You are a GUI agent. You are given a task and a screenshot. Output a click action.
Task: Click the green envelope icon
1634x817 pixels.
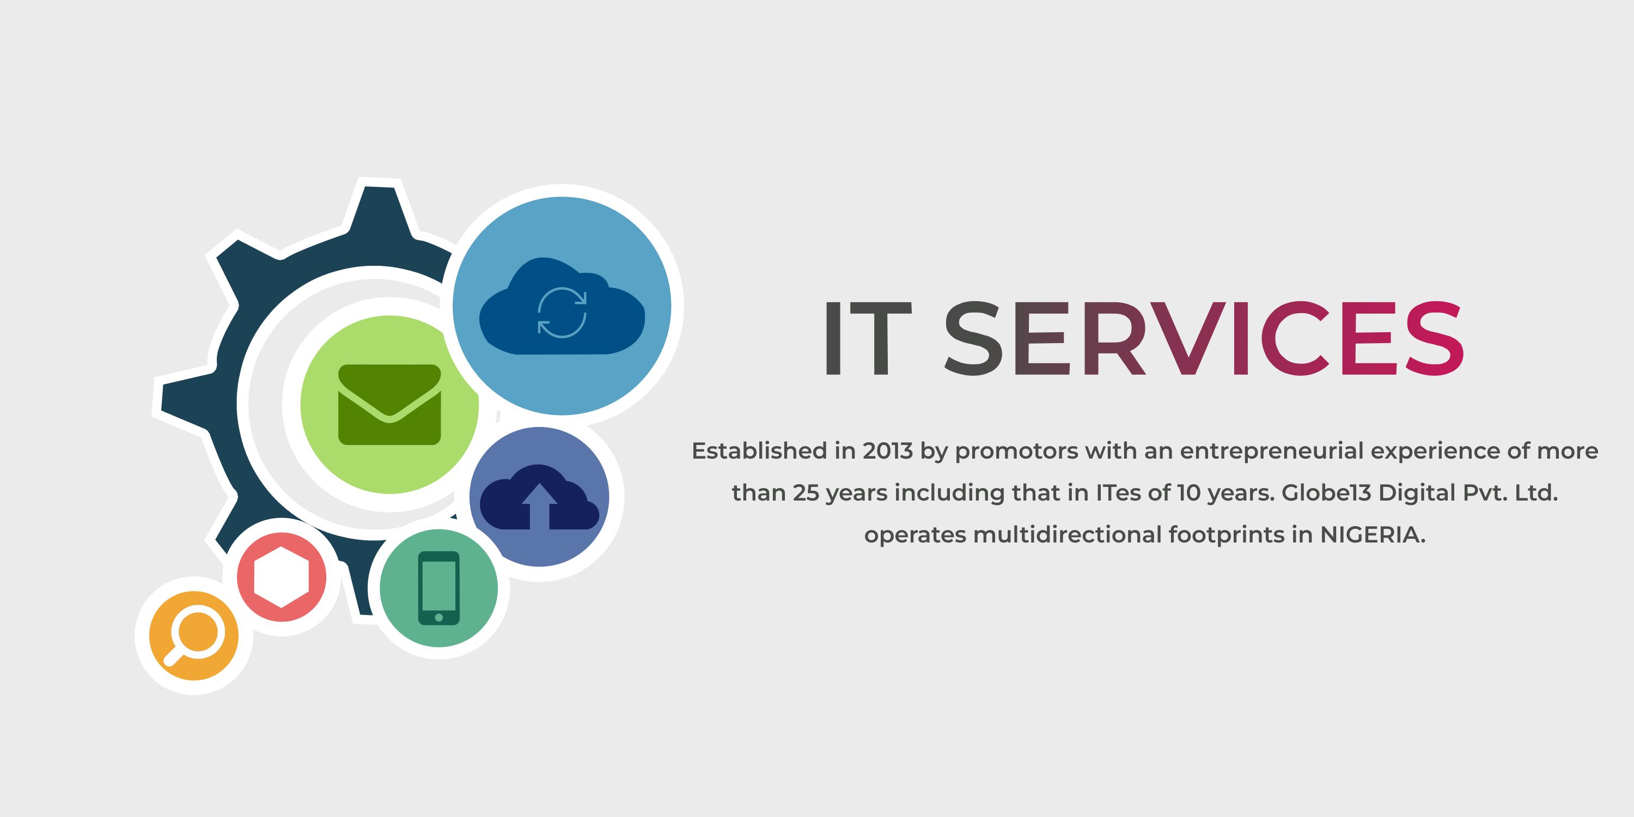pos(389,404)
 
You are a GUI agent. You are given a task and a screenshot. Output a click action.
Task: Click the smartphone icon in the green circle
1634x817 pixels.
pos(439,588)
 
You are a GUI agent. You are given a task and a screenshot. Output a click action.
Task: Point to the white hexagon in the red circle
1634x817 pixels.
pos(282,577)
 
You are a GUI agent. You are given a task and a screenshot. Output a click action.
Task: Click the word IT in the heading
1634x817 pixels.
pos(867,339)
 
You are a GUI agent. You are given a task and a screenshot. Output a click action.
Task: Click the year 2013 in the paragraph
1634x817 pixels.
pos(887,451)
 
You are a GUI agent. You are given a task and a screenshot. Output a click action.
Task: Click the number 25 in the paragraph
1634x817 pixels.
pos(806,493)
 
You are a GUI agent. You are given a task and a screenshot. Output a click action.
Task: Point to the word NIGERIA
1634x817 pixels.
pos(1371,535)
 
